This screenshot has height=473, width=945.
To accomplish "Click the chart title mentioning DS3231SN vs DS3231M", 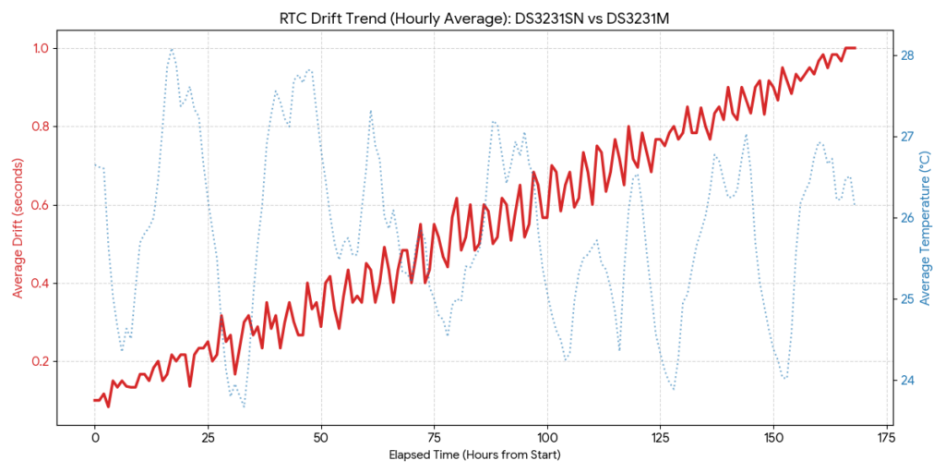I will pos(472,17).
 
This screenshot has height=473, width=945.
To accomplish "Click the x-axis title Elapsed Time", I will pos(472,455).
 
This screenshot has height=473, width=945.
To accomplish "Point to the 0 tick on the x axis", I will pos(94,436).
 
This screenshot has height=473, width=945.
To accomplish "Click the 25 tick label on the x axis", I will pos(208,436).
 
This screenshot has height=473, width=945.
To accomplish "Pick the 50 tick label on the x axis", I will pos(321,436).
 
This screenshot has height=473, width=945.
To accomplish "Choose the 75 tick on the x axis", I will pos(434,436).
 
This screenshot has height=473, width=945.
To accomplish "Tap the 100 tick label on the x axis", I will pos(547,436).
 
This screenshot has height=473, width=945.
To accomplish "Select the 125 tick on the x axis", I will pos(661,436).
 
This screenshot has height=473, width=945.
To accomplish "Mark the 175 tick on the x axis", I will pos(887,436).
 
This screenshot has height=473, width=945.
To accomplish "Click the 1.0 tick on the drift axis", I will pos(42,48).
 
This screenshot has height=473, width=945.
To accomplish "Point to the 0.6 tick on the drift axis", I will pos(42,205).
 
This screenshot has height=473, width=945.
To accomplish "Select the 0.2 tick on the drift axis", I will pos(42,361).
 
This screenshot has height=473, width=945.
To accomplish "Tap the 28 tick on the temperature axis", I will pos(907,55).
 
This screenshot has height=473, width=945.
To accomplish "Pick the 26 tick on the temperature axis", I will pos(907,218).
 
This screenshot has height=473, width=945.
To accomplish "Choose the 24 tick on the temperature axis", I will pos(907,381).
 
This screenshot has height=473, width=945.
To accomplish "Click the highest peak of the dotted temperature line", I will pos(172,49).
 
